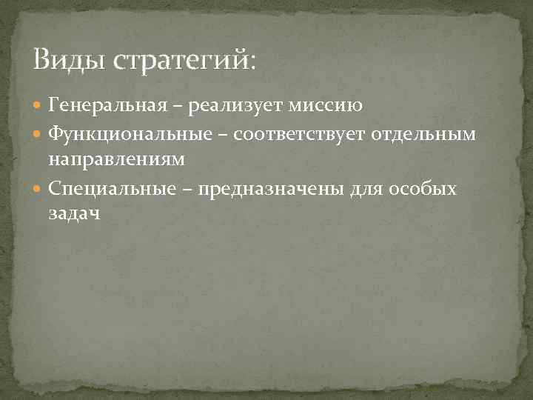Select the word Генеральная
click(109, 106)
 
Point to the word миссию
click(325, 107)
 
